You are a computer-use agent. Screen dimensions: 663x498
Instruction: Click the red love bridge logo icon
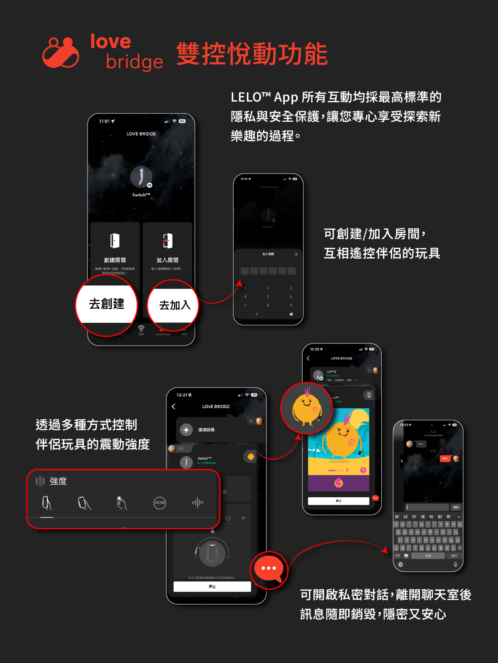point(61,53)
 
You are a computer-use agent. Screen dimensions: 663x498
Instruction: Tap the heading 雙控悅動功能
point(252,54)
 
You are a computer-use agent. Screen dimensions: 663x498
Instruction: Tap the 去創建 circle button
point(107,304)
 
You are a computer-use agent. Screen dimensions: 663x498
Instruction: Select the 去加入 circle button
point(174,305)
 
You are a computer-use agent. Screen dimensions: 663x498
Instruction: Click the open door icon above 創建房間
point(115,241)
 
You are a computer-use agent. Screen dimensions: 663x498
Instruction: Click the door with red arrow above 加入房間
point(167,241)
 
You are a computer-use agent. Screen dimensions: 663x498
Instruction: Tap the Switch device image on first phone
point(141,177)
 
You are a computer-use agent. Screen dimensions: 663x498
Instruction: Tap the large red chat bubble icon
point(269,569)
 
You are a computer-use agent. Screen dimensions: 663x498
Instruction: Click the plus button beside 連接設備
point(186,430)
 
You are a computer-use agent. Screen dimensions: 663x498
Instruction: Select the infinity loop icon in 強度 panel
point(160,503)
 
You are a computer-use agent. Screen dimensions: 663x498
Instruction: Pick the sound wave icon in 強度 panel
point(198,503)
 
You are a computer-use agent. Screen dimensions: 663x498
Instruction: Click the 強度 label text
point(58,481)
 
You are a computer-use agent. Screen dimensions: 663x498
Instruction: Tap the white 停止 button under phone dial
point(212,586)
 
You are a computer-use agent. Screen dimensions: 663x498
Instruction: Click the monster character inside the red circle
point(306,408)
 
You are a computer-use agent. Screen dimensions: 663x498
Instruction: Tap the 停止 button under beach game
point(338,501)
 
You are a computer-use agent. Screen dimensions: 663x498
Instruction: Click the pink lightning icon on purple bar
point(339,483)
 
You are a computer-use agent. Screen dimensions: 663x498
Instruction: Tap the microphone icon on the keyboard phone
point(455,564)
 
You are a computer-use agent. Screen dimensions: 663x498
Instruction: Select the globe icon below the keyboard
point(400,564)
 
